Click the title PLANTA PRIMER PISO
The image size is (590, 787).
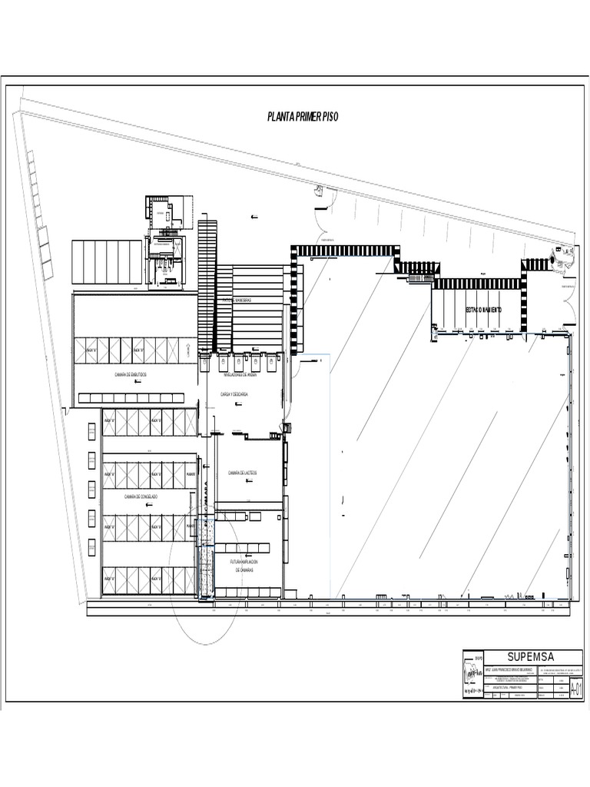(302, 117)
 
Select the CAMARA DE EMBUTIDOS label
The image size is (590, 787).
(131, 374)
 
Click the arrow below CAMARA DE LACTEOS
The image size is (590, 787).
(247, 481)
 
